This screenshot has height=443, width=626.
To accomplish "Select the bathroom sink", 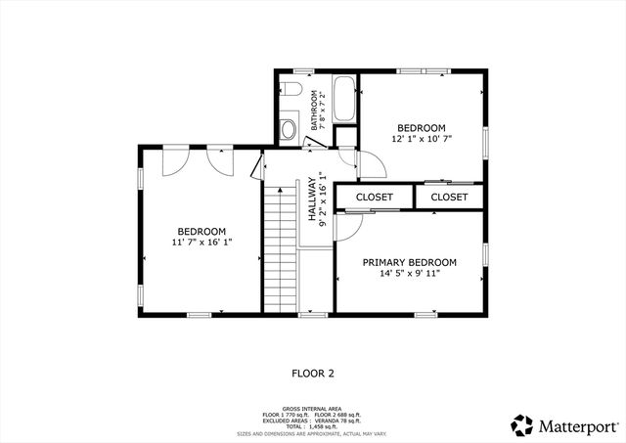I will [289, 128].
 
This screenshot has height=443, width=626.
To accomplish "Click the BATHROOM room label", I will [315, 110].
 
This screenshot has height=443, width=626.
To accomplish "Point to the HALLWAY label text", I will [313, 200].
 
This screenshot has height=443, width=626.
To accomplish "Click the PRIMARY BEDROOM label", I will [409, 262].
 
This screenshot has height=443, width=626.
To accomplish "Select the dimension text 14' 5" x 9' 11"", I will [409, 274].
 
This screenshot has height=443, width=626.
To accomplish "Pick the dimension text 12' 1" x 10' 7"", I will [421, 140].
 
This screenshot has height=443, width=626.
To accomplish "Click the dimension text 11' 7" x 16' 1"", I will [201, 241].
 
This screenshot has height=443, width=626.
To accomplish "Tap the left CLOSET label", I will [374, 197].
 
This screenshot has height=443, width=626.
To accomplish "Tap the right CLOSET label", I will [449, 197].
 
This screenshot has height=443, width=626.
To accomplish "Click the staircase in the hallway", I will [279, 249].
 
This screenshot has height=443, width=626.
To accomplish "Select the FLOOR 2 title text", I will [313, 373].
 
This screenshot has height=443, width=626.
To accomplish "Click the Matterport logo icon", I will [522, 425].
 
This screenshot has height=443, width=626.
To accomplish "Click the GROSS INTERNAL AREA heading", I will [312, 408].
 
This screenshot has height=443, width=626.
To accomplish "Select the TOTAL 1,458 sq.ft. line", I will [312, 426].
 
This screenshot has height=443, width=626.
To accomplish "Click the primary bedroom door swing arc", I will [345, 227].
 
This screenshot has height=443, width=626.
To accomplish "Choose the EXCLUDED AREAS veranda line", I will [312, 421].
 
